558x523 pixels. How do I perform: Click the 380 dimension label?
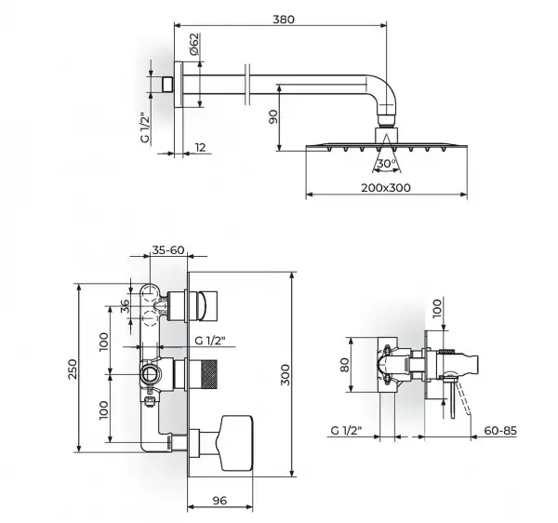coord(284,20)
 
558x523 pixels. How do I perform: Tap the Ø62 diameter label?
coord(193,44)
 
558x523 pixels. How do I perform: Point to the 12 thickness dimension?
coord(201,147)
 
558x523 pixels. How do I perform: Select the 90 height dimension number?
coord(272,116)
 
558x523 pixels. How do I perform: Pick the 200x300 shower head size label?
coord(386,188)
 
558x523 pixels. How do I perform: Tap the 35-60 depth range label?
coord(168,250)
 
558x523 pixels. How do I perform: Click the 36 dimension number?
coord(125,306)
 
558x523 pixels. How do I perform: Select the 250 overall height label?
coord(73,369)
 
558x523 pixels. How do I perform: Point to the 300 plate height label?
coord(286,374)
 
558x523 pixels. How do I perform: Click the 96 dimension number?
coord(219,501)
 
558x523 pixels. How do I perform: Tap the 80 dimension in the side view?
coord(344,365)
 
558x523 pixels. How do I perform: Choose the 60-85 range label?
coord(500,431)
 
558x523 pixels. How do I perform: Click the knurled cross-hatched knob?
coord(206,374)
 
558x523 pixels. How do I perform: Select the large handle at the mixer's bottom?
coord(236,443)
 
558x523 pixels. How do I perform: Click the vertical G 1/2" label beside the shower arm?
coord(145,127)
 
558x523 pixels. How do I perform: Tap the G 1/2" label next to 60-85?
coord(346,431)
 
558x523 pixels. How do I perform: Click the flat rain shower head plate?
coord(387,146)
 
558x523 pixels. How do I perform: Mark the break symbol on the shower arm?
coord(247,85)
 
